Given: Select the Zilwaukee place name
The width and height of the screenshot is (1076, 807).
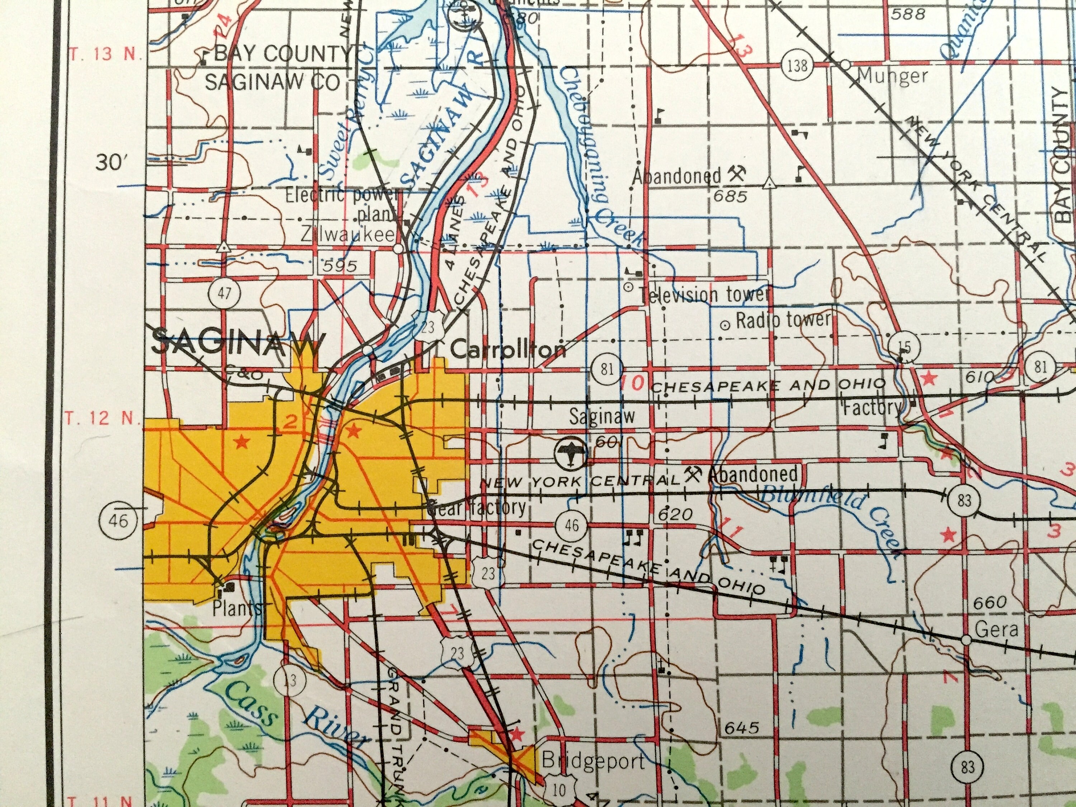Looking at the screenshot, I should pyautogui.click(x=347, y=235).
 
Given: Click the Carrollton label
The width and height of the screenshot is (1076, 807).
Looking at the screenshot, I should pyautogui.click(x=508, y=350).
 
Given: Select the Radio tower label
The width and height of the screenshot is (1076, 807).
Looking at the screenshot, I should pyautogui.click(x=783, y=320).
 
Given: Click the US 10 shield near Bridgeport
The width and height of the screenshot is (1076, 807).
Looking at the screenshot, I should pyautogui.click(x=560, y=790).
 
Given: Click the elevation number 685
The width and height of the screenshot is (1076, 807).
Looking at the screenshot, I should pyautogui.click(x=730, y=197).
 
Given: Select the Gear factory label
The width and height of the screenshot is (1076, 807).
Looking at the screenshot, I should pyautogui.click(x=477, y=508).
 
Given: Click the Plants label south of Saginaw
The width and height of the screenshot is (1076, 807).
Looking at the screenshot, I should pyautogui.click(x=236, y=609).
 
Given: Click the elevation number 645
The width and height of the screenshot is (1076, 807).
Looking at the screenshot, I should pyautogui.click(x=742, y=728).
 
